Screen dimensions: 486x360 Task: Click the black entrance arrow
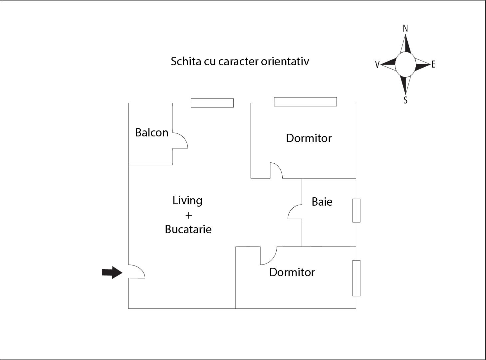(x=112, y=272)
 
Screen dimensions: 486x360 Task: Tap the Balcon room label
(x=152, y=132)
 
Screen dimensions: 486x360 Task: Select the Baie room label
(x=322, y=202)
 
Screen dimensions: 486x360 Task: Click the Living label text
(x=187, y=201)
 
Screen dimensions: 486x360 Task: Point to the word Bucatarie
(x=188, y=229)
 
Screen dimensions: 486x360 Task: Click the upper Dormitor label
(x=309, y=138)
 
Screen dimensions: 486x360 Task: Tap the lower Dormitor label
(x=292, y=272)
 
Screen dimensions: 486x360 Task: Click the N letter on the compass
(x=405, y=29)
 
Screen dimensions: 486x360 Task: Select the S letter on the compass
(x=405, y=100)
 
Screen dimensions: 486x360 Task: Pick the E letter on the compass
(x=433, y=65)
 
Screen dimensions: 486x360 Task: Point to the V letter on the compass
(x=377, y=65)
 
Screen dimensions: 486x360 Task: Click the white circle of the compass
(x=405, y=65)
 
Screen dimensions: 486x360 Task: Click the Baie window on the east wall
(x=356, y=211)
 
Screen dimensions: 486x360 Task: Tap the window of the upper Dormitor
(x=305, y=102)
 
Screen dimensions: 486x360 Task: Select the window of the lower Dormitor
(x=356, y=278)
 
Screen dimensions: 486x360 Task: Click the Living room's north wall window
(x=212, y=103)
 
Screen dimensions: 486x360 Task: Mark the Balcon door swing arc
(x=180, y=140)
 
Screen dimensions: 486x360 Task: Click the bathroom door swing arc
(x=295, y=212)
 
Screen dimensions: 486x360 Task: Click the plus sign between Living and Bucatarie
(x=188, y=215)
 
